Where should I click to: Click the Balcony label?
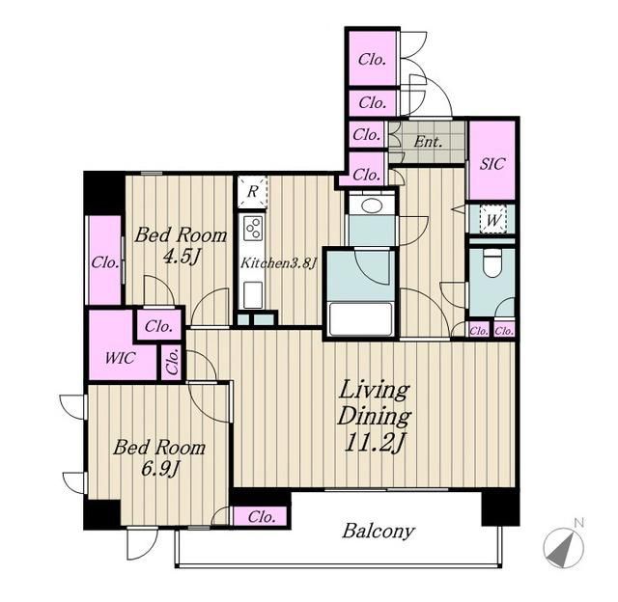click(x=378, y=532)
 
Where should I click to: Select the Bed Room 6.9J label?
click(x=159, y=458)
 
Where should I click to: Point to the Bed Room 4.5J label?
click(x=181, y=246)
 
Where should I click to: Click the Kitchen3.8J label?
click(x=279, y=262)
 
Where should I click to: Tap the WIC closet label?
click(x=121, y=358)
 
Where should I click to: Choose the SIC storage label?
click(x=492, y=163)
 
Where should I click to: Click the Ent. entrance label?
click(x=428, y=142)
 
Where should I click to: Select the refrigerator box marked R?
click(x=253, y=192)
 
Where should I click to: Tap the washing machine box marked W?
click(x=493, y=219)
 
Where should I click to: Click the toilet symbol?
click(x=492, y=262)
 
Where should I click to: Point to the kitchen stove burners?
click(x=253, y=228)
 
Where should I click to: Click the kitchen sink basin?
click(x=253, y=295)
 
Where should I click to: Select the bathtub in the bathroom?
click(x=360, y=319)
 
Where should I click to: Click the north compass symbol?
click(x=563, y=548)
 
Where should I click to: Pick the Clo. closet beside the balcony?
click(x=261, y=516)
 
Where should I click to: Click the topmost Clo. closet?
click(x=372, y=59)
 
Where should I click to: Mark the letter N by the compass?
click(x=578, y=523)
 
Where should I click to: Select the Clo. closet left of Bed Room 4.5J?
click(x=105, y=261)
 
